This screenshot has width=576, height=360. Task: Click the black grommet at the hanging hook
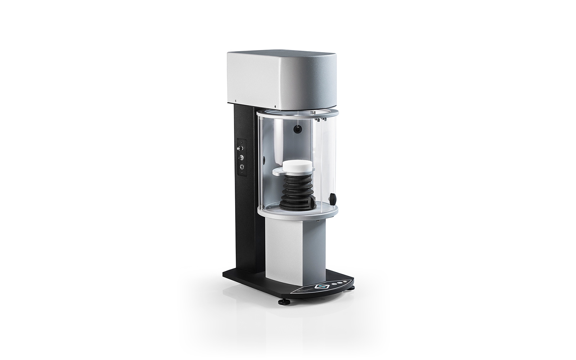coord(297,130)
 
